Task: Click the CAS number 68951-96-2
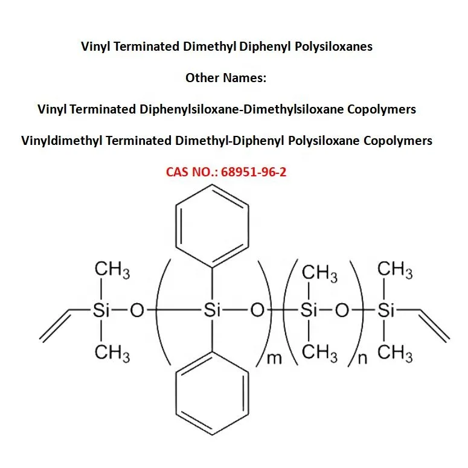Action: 253,172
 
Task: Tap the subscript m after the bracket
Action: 274,359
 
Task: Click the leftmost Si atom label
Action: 100,311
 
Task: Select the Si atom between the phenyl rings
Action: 211,311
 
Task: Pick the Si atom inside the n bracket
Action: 309,311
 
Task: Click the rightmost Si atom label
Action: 385,311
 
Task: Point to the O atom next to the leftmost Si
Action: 137,311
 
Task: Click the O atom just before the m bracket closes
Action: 257,311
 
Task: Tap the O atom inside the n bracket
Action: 342,311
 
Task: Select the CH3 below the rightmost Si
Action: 395,352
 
